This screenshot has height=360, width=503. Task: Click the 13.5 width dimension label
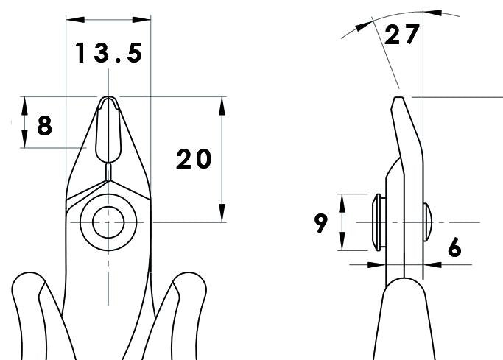[x=108, y=53]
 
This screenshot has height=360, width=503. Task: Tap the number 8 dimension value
[x=44, y=126]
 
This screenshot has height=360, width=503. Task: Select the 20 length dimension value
[x=194, y=159]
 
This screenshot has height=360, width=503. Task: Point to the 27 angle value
[x=402, y=35]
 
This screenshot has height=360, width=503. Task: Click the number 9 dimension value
[x=321, y=222]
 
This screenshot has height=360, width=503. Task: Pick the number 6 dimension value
[x=454, y=249]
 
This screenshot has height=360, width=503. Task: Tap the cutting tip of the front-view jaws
[x=108, y=99]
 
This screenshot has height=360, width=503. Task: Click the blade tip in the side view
[x=397, y=97]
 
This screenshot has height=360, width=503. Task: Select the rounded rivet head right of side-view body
[x=428, y=222]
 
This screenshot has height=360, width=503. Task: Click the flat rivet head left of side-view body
[x=376, y=222]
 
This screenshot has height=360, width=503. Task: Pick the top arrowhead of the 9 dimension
[x=342, y=198]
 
